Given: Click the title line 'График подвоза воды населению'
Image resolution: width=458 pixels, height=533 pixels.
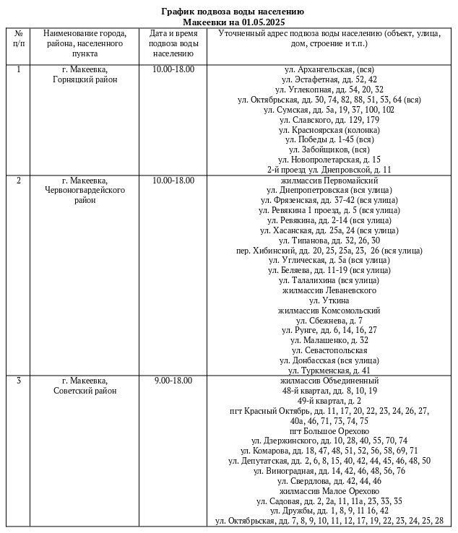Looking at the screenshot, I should tap(231, 12).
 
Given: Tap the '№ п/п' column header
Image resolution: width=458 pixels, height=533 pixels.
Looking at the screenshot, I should tap(19, 38).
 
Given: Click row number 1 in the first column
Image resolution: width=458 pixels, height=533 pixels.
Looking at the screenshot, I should tap(19, 69).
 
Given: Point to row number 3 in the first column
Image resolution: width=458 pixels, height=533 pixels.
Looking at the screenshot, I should tap(19, 381).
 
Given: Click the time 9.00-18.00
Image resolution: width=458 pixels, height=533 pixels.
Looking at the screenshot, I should tap(173, 381).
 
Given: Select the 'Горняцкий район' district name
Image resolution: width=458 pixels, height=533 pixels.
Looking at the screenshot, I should tap(85, 79).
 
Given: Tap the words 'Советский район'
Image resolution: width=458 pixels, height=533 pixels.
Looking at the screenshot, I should tap(85, 391).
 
